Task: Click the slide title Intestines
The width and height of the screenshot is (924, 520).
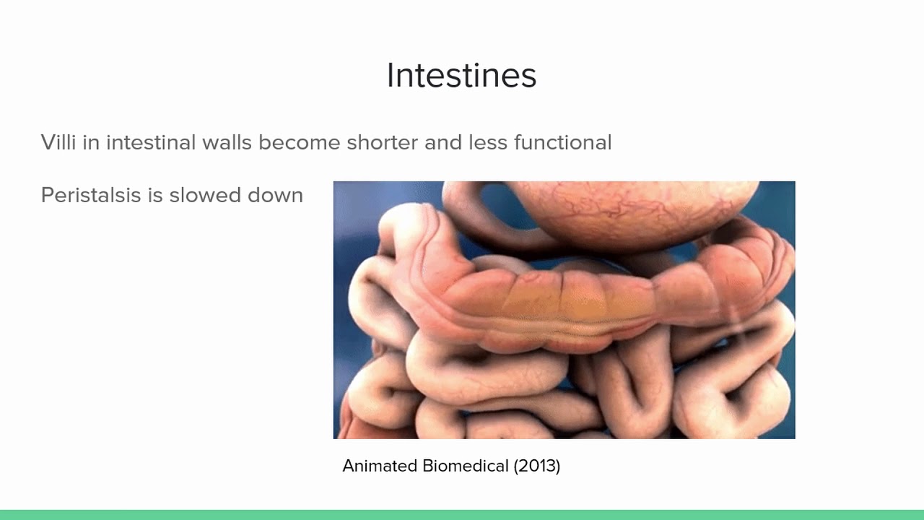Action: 461,76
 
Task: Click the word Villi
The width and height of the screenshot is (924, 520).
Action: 58,142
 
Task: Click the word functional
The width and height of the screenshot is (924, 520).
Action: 562,142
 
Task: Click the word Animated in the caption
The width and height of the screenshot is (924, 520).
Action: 380,466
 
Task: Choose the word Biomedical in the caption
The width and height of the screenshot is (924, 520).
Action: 466,466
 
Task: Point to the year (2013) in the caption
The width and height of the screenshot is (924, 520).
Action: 537,466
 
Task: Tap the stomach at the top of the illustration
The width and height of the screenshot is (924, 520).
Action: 635,209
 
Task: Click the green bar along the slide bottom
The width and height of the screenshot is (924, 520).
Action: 462,514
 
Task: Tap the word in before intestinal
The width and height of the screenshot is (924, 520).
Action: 91,142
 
